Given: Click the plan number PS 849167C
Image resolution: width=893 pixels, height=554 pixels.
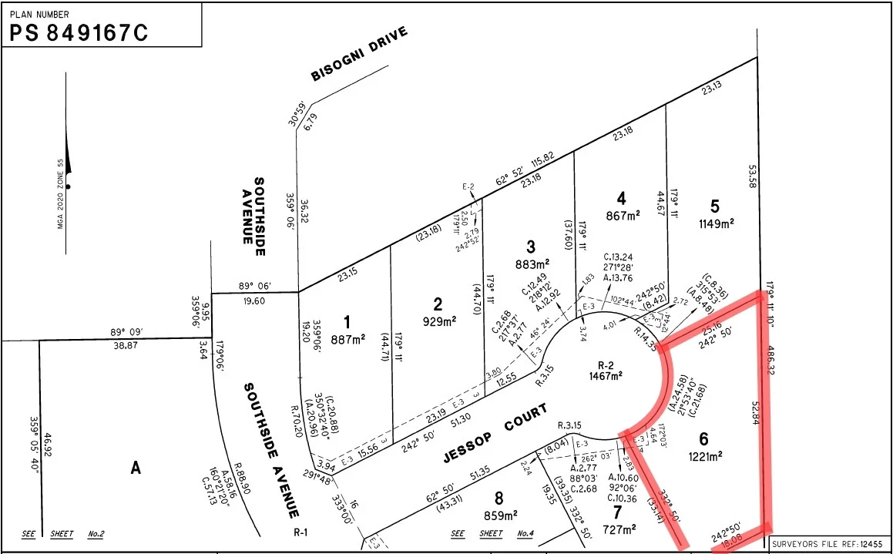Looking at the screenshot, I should pyautogui.click(x=78, y=32).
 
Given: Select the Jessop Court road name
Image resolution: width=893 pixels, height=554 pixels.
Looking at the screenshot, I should pyautogui.click(x=496, y=433).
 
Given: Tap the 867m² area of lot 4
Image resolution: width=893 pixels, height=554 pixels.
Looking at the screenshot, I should pyautogui.click(x=623, y=216).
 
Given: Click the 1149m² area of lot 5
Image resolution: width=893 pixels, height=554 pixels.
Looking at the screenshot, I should pyautogui.click(x=715, y=223).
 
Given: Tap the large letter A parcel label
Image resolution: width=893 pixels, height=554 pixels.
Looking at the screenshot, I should pyautogui.click(x=136, y=467).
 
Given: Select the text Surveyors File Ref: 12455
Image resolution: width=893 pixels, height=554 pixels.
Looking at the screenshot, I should pyautogui.click(x=829, y=542).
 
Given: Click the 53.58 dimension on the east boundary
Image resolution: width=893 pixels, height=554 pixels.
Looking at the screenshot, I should pyautogui.click(x=752, y=176).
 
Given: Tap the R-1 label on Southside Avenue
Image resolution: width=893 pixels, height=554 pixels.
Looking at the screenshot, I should pyautogui.click(x=300, y=532).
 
